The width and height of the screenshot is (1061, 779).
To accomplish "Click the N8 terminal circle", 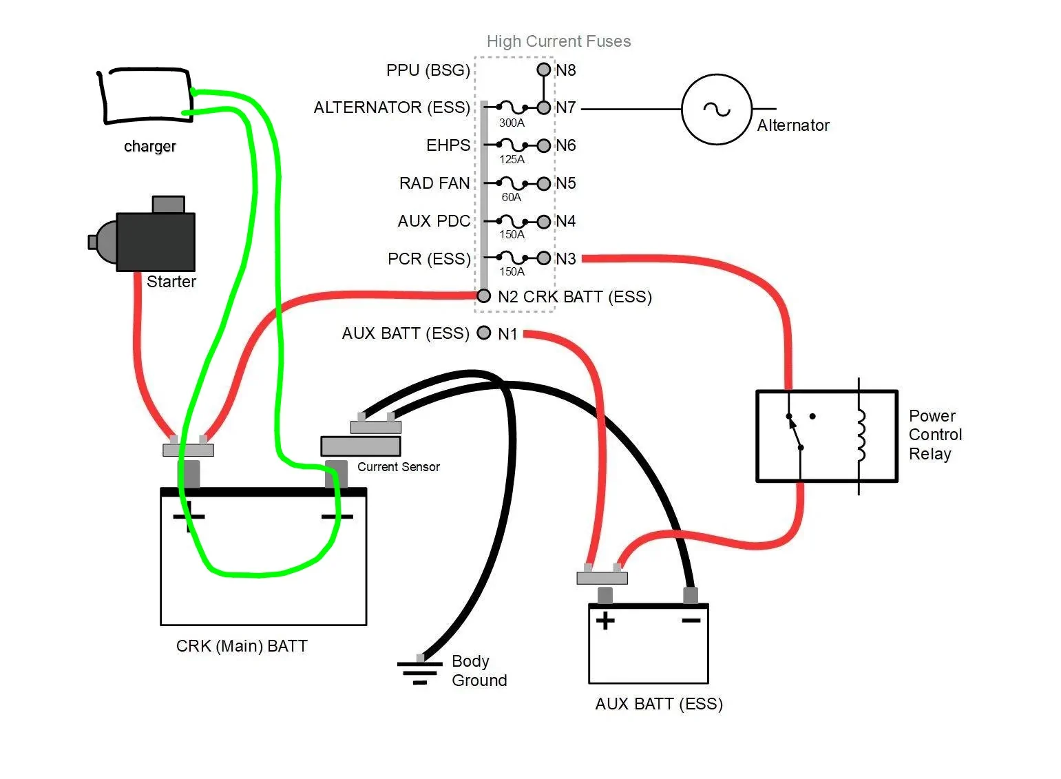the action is pyautogui.click(x=544, y=70).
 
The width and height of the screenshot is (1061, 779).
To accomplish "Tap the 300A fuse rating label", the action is pyautogui.click(x=512, y=123).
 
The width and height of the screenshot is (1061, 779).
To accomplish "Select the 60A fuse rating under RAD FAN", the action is pyautogui.click(x=512, y=197).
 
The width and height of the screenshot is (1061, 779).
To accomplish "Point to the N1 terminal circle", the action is pyautogui.click(x=483, y=333).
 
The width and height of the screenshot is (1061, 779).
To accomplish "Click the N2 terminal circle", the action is pyautogui.click(x=483, y=295).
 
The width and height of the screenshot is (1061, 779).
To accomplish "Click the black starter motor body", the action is pyautogui.click(x=156, y=242).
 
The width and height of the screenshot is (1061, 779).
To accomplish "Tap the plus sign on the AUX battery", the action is pyautogui.click(x=605, y=621).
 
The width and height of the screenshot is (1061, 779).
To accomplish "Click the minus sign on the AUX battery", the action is pyautogui.click(x=691, y=621).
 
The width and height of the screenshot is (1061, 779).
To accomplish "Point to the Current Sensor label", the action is pyautogui.click(x=399, y=467).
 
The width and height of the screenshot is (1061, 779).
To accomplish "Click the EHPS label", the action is pyautogui.click(x=448, y=145).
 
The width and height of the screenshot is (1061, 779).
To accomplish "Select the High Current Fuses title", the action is pyautogui.click(x=559, y=41).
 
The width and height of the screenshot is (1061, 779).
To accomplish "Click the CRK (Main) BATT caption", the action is pyautogui.click(x=242, y=646).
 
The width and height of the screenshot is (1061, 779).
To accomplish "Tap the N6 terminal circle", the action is pyautogui.click(x=544, y=145).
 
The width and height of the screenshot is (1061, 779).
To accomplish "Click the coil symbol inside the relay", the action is pyautogui.click(x=861, y=436).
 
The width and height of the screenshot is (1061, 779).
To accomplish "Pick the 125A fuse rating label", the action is pyautogui.click(x=512, y=160).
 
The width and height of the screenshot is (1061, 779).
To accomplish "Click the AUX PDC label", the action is pyautogui.click(x=434, y=221).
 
